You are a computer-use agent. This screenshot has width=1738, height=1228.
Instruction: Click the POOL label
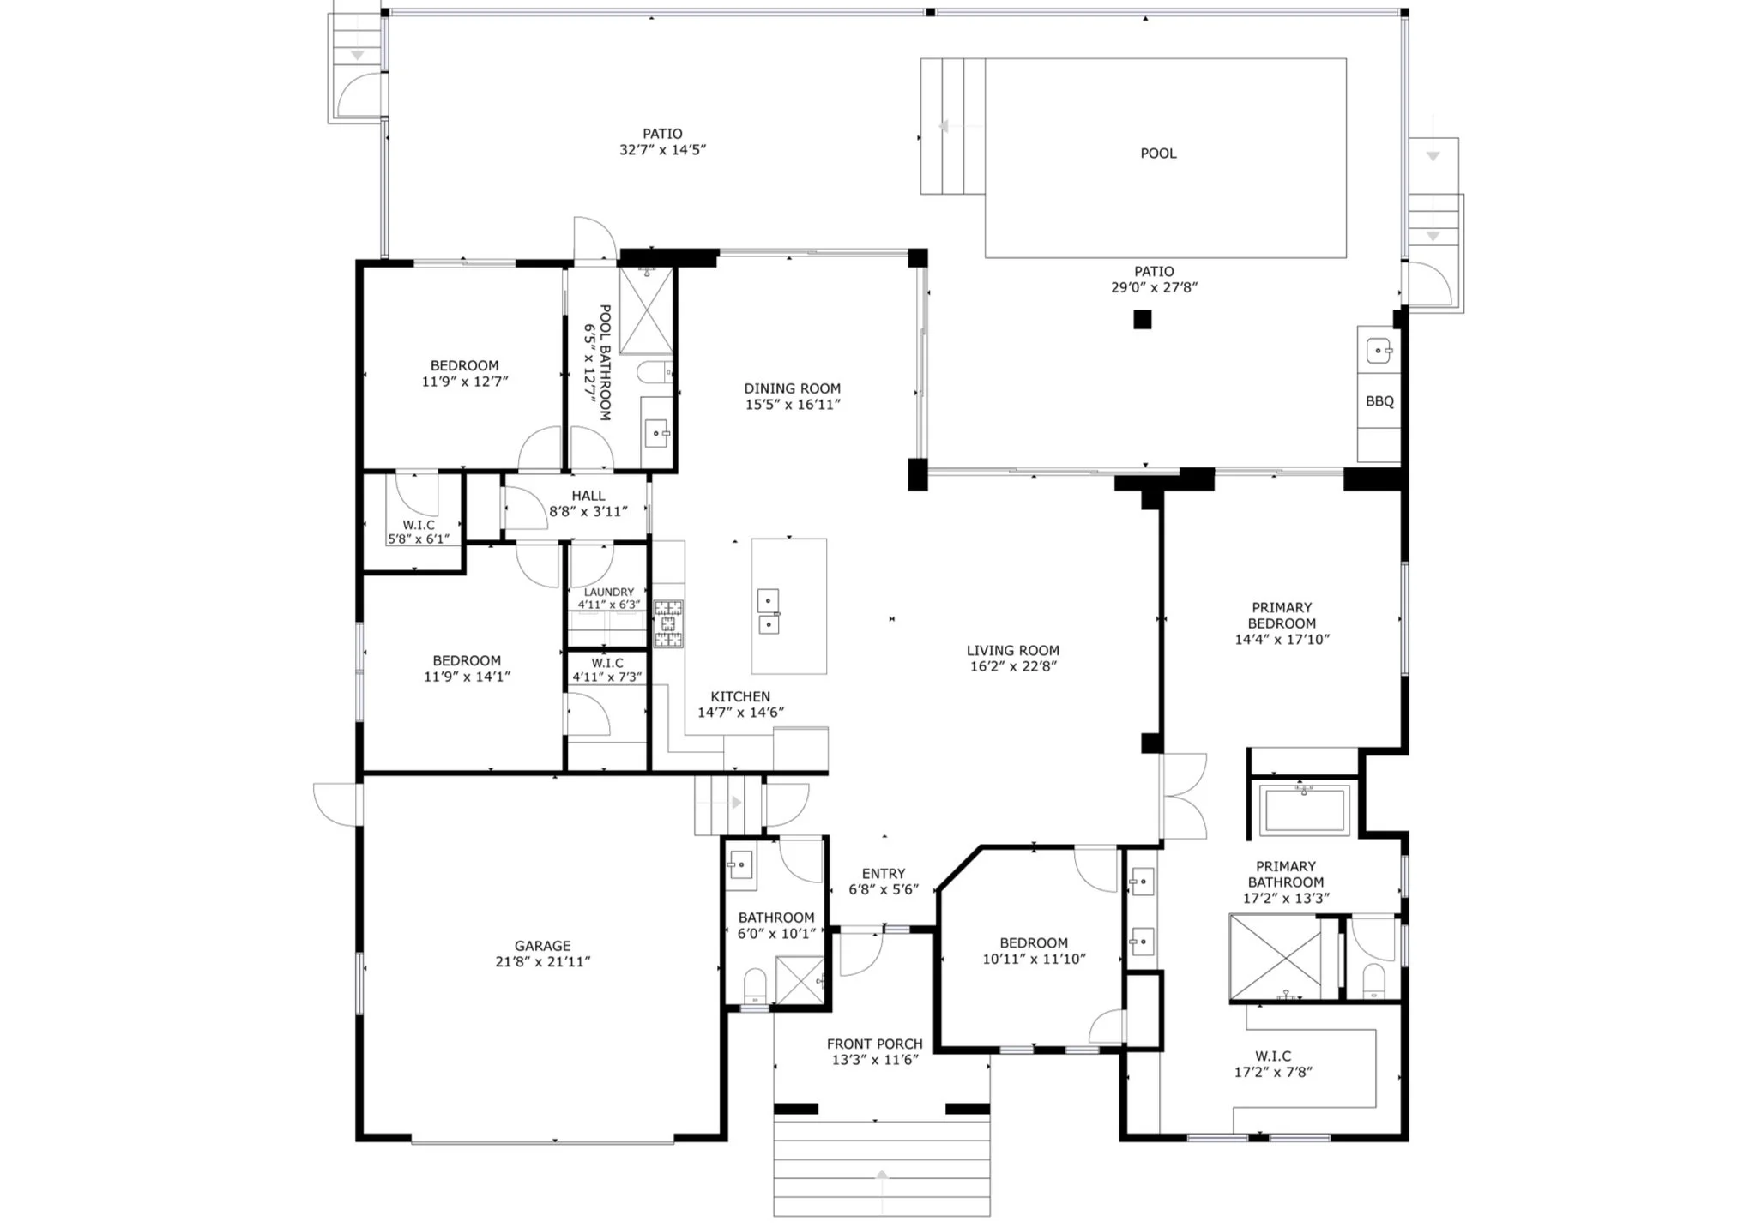pos(1157,153)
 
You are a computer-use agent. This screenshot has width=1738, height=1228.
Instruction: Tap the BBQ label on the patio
pos(1379,401)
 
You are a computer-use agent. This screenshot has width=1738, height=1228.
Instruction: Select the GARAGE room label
pos(542,946)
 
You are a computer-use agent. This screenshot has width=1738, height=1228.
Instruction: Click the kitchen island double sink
pos(768,611)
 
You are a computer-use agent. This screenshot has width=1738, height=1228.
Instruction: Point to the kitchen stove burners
pos(668,623)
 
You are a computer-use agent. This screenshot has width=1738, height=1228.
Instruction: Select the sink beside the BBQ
pos(1378,351)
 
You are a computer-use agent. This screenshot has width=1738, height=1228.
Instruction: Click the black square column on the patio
pos(1142,320)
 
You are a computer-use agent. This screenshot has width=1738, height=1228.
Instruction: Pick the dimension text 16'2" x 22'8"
pos(1012,666)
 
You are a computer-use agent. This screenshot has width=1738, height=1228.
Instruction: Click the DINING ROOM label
pos(792,388)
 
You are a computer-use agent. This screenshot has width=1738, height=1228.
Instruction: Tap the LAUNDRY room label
pos(608,592)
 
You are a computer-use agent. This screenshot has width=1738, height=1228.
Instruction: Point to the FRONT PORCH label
pos(874,1044)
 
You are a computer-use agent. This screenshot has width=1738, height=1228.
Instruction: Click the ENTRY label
pos(884,874)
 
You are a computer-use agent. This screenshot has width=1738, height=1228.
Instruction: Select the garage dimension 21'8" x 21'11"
pos(542,962)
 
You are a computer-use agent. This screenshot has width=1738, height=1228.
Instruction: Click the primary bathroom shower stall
pos(1275,957)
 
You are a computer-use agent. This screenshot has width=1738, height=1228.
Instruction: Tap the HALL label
pos(588,496)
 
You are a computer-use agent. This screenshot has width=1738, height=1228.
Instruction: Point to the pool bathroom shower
pos(646,310)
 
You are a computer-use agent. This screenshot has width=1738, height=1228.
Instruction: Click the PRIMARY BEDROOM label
pos(1282,616)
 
